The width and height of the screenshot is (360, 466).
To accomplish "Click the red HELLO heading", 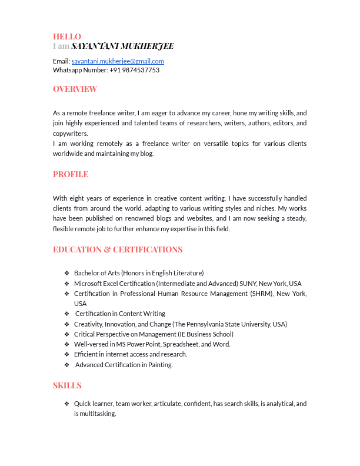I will pos(67,36).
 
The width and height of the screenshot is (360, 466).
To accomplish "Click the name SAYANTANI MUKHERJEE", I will pos(122,46).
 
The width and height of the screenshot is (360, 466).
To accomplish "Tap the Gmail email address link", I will pos(118,61).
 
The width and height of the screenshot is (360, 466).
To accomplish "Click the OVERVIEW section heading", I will pos(75,89).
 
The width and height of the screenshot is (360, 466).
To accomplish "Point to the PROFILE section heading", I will pos(71,174).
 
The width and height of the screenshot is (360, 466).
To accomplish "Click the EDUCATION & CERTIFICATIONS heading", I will pos(118,249).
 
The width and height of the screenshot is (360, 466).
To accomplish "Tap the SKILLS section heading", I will pos(67,385).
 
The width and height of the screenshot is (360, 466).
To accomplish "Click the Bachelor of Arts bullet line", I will pos(139,273).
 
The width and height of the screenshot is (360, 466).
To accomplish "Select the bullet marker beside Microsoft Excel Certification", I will pos(67,283).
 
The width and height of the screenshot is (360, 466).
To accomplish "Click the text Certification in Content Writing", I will pos(120,314).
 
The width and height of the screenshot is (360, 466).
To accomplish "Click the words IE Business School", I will pos(205,334).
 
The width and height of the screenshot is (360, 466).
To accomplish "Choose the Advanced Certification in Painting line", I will pos(124,365).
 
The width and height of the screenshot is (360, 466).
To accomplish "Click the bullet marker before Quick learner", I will pos(67,404).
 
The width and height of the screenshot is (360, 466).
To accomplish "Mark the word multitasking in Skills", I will pos(97,414).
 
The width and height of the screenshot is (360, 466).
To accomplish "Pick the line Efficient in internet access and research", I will pos(131,354).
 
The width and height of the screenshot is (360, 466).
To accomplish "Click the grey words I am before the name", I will pos(61,46).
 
